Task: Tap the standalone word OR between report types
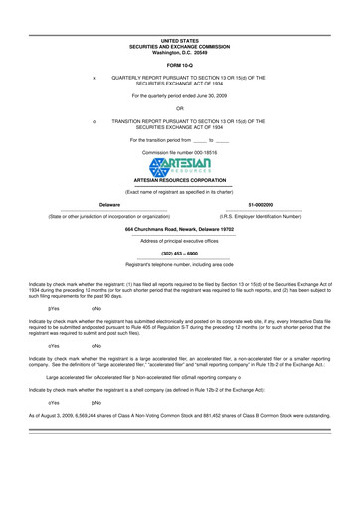[x=180, y=108]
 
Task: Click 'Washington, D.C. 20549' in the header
[x=180, y=50]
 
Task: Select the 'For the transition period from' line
[x=180, y=140]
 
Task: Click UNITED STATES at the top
[x=180, y=39]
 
